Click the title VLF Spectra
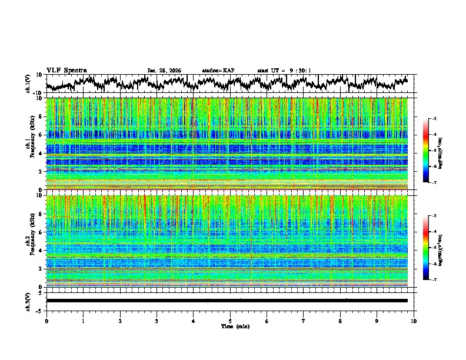pyautogui.click(x=66, y=70)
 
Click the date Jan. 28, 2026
pyautogui.click(x=164, y=71)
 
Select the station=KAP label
pyautogui.click(x=218, y=71)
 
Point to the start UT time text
pyautogui.click(x=284, y=71)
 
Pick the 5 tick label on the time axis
pyautogui.click(x=230, y=321)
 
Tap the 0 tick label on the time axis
pyautogui.click(x=46, y=321)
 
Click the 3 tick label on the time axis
pyautogui.click(x=157, y=321)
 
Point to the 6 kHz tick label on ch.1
pyautogui.click(x=40, y=135)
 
